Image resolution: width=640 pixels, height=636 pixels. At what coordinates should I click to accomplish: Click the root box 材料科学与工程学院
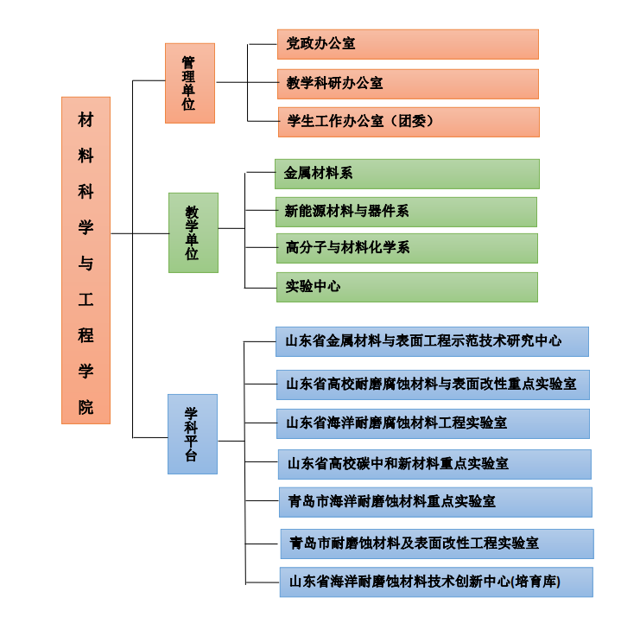pos(86,260)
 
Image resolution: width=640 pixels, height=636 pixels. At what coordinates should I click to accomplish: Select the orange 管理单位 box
pos(190,83)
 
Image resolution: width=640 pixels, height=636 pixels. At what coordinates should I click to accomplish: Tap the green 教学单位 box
pos(193,232)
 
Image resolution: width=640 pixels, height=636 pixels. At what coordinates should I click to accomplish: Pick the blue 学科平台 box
pos(192,434)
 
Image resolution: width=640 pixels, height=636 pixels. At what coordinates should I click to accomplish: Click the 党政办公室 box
pos(408,44)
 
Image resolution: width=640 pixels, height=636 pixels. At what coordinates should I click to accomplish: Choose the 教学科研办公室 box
pos(408,84)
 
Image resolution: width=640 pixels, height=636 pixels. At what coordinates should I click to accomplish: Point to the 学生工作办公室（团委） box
pos(408,122)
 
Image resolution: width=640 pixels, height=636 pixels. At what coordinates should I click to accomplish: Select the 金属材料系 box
pos(407,174)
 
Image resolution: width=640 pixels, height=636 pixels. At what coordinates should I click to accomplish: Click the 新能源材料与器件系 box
pos(406,211)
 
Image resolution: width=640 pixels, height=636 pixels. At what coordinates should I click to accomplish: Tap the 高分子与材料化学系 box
pos(407,248)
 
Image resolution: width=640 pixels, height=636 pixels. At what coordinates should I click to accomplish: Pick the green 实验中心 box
pos(407,287)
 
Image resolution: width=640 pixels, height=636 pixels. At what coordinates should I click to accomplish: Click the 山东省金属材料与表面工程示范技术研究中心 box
pos(432,341)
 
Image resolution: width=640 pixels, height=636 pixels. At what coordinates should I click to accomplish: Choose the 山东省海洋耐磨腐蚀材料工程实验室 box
pos(433,423)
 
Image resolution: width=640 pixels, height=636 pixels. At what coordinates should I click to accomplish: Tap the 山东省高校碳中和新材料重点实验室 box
pos(434,464)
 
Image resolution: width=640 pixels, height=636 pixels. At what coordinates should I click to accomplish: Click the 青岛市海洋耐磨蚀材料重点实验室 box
pos(435,502)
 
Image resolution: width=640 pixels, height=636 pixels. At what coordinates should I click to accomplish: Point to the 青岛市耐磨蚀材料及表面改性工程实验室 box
pos(436,544)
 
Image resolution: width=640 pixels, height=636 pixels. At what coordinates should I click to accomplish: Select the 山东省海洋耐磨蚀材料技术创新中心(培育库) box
pos(436,582)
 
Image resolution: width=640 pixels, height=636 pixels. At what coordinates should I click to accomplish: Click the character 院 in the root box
pos(86,407)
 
